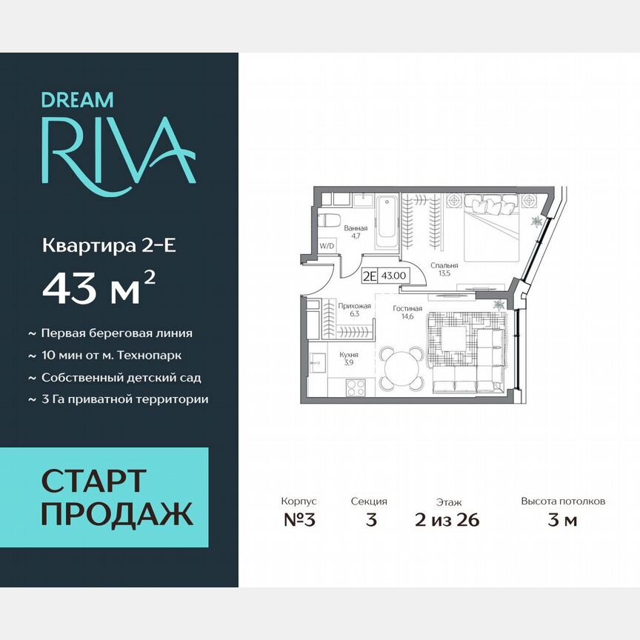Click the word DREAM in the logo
pos(77,99)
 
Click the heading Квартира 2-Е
pos(109,246)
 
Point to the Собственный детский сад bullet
pos(121,377)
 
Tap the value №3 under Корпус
pos(299,520)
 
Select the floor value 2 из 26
pos(447,520)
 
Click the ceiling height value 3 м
pos(562,520)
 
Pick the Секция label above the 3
pos(369,501)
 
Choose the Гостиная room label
pos(407,308)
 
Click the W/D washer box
pos(327,244)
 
